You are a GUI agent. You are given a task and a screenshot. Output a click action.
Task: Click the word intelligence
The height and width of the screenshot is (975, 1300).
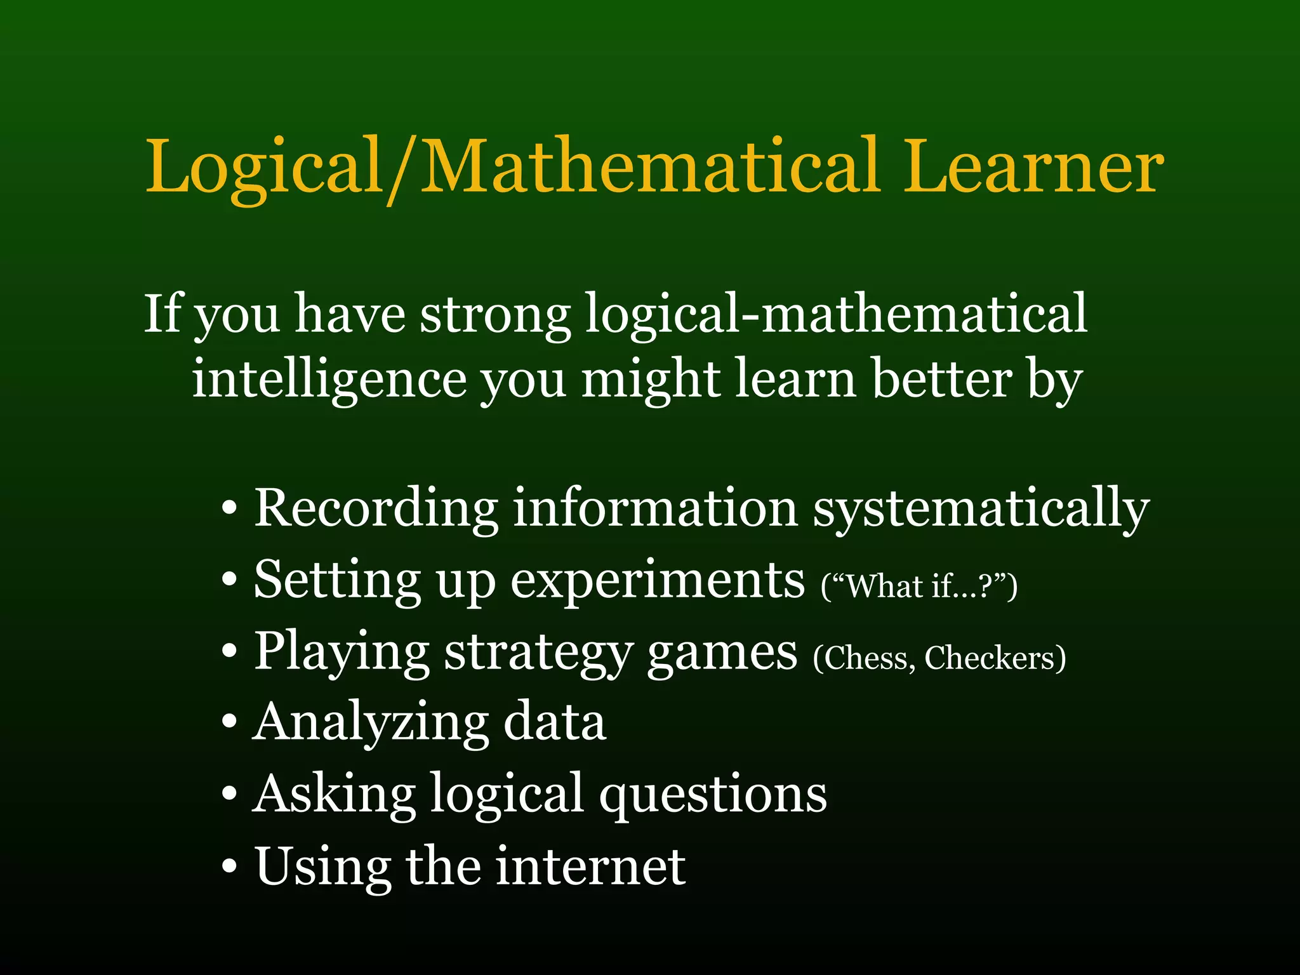pos(329,379)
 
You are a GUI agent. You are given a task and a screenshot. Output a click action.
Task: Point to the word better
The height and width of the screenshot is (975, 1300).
pos(941,379)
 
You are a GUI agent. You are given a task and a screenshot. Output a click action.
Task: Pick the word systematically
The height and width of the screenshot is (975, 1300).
pos(981,510)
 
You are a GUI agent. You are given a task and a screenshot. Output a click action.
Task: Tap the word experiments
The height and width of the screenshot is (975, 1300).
pos(658,581)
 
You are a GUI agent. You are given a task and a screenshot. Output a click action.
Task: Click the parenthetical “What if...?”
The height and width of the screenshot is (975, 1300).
pos(919,586)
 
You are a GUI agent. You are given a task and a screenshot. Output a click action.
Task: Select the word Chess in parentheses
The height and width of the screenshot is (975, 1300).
pos(865,658)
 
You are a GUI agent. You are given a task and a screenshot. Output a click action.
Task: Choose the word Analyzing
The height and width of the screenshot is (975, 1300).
pos(371,724)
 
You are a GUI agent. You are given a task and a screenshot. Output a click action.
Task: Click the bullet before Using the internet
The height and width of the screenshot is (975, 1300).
pos(230,866)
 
